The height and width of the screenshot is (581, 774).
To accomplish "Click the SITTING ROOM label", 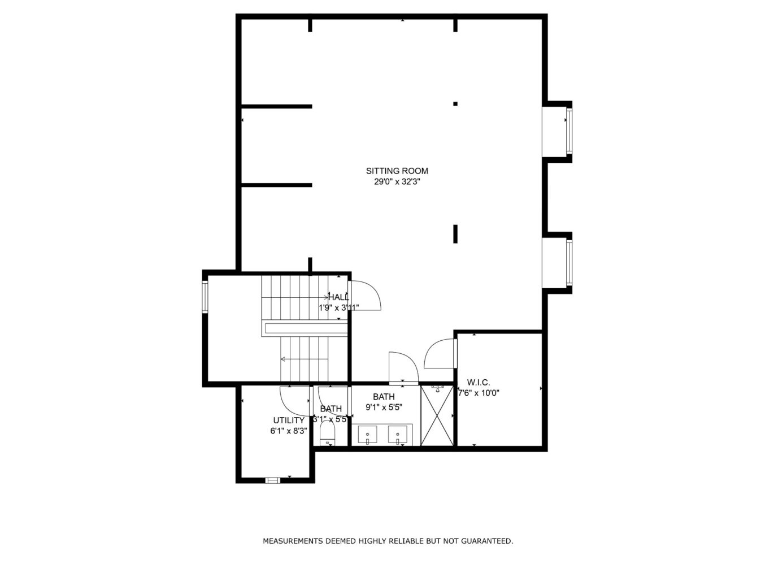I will click(x=397, y=171).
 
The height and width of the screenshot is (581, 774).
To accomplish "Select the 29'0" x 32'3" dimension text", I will click(x=397, y=182).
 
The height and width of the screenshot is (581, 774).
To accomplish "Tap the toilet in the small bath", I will click(x=327, y=435).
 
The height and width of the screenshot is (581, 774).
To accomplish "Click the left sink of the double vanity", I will click(x=368, y=435).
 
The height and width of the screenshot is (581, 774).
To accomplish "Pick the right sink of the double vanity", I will click(x=398, y=435).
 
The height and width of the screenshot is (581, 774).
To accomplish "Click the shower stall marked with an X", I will click(x=437, y=417).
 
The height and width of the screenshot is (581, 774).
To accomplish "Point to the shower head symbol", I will click(x=437, y=388).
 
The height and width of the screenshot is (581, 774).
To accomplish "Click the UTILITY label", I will click(x=289, y=420).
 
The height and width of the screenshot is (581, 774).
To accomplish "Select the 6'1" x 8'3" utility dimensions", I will click(x=289, y=431).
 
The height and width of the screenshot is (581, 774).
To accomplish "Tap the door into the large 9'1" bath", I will click(x=402, y=367).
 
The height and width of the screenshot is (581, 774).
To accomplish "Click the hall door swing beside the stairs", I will click(x=365, y=296).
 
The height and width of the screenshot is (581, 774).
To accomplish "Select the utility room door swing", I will click(x=294, y=401).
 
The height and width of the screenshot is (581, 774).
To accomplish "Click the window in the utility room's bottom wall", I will click(x=273, y=480).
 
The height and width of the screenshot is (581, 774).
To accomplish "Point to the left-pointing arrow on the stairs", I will click(x=284, y=359).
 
